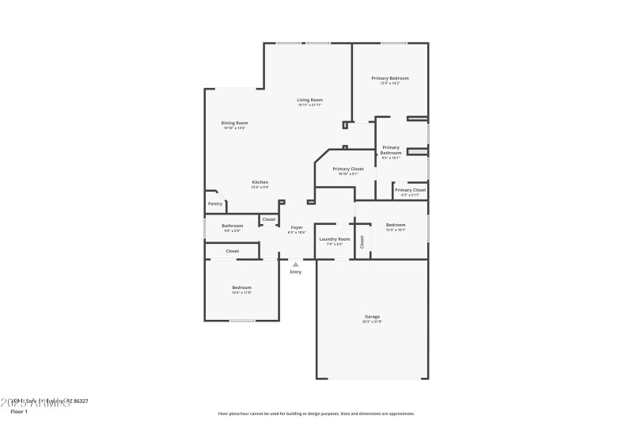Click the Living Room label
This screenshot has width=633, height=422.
tap(309, 100)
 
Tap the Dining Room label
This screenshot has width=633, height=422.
tap(234, 123)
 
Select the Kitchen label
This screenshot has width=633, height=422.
tap(260, 182)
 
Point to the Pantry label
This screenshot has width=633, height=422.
tap(215, 203)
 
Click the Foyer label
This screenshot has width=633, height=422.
tap(296, 227)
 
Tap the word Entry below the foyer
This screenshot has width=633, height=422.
tap(295, 272)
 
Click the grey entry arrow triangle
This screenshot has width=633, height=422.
tap(295, 264)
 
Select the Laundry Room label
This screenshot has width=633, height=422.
tap(334, 238)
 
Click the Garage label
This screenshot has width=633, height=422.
tap(372, 317)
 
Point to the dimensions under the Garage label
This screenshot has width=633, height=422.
tap(372, 321)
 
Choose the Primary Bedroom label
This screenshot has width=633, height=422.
tap(390, 78)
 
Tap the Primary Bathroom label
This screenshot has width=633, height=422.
tap(391, 150)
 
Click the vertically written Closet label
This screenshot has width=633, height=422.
tap(362, 241)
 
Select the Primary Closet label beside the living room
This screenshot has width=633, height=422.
tap(348, 169)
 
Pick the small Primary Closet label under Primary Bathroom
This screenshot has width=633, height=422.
tap(410, 190)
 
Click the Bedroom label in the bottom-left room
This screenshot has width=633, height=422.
tap(241, 287)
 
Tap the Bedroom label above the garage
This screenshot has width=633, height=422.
tap(396, 225)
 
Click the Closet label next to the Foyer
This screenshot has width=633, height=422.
tap(269, 219)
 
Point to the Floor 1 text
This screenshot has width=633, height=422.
tap(18, 412)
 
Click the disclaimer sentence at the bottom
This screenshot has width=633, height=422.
tap(316, 413)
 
